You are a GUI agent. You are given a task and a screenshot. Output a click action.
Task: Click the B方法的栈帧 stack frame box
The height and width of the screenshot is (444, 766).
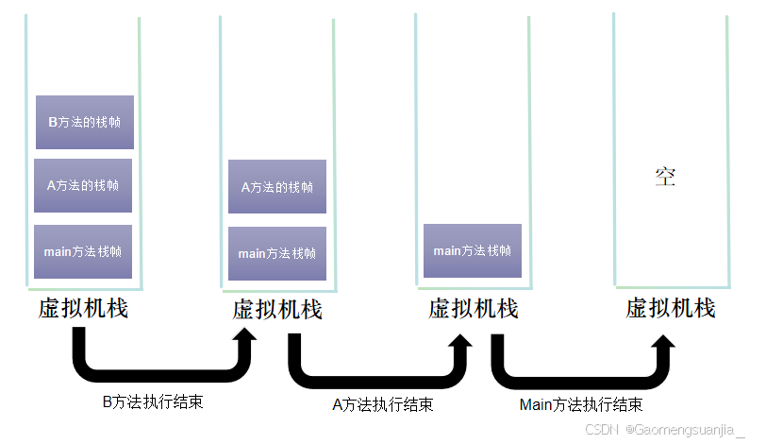click(x=84, y=122)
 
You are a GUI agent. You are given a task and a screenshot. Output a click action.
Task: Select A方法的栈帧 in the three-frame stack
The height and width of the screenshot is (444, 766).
click(x=83, y=185)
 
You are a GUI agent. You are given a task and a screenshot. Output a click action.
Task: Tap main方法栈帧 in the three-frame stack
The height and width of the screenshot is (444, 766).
click(x=83, y=251)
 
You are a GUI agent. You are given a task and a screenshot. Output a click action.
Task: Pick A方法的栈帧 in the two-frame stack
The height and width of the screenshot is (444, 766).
click(x=277, y=187)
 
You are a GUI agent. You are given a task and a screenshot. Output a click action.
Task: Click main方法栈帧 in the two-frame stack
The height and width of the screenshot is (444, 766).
click(x=277, y=253)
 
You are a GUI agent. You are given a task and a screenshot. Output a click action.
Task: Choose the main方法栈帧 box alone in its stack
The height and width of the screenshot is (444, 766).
click(x=472, y=250)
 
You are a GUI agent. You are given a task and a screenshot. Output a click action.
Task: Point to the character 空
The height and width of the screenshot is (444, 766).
click(x=666, y=176)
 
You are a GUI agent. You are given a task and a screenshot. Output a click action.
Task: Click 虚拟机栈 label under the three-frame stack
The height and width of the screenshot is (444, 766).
click(x=83, y=309)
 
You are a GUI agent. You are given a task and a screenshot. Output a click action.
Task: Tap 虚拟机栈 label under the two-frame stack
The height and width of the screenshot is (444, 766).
click(x=277, y=310)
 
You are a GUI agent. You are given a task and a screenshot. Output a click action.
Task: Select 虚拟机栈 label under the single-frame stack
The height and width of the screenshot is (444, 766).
click(x=473, y=309)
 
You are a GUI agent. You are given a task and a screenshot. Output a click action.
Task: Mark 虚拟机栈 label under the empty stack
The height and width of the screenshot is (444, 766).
click(x=671, y=308)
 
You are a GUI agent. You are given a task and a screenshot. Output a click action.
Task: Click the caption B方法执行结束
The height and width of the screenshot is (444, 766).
click(x=152, y=401)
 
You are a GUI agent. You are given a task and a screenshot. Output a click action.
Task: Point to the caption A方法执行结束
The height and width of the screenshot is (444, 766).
click(x=383, y=404)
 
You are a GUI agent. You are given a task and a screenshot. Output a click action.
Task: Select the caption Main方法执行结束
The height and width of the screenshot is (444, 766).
click(x=581, y=404)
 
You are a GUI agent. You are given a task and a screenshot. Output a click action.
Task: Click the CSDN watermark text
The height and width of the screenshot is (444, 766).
click(x=599, y=430)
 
